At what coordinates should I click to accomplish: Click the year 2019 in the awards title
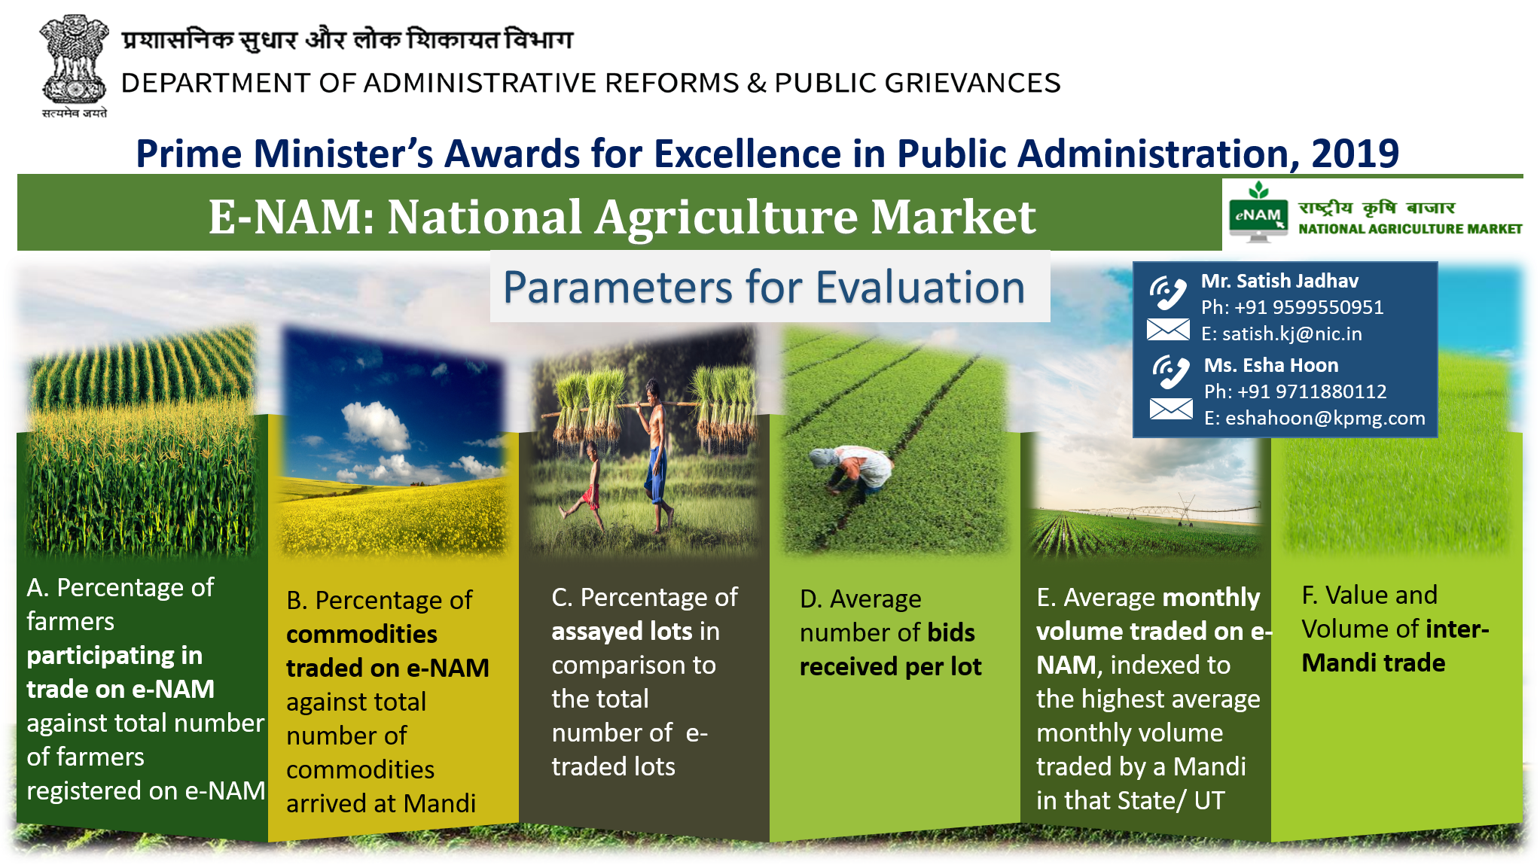click(1355, 154)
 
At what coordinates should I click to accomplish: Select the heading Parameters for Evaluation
click(764, 287)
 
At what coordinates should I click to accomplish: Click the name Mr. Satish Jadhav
click(1279, 281)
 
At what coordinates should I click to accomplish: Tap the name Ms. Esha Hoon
click(1271, 365)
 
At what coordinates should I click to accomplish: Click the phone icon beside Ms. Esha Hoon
click(1171, 372)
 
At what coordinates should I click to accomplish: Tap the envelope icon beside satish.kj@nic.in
click(1168, 330)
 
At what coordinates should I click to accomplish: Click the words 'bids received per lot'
click(891, 650)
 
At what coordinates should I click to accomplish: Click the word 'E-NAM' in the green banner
click(291, 217)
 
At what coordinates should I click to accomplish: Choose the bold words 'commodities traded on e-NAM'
click(388, 651)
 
